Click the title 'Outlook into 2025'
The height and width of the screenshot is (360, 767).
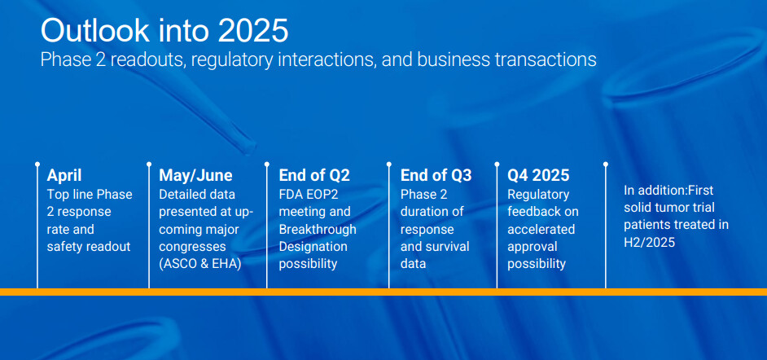point(164,31)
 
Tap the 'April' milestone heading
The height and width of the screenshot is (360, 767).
point(64,175)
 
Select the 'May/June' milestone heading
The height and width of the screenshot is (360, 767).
point(195,175)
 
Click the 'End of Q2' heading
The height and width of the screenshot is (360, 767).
point(314,175)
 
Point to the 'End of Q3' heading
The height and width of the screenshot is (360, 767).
point(436,175)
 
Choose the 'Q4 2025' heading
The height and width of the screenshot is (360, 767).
point(538,175)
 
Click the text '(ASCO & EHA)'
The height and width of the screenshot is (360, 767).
point(200,264)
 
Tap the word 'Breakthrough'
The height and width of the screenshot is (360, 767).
point(318,229)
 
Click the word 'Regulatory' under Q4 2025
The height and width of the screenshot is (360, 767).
point(538,195)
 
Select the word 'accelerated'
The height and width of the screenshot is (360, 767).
point(541,229)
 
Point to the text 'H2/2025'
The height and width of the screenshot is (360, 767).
point(649,242)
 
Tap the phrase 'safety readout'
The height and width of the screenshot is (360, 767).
point(89,247)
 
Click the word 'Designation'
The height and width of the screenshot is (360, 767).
point(313,247)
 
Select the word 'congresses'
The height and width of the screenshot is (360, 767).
point(192,247)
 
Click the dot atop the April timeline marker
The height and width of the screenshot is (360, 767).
point(37,165)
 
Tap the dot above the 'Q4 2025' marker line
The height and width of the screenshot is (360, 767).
point(497,165)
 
